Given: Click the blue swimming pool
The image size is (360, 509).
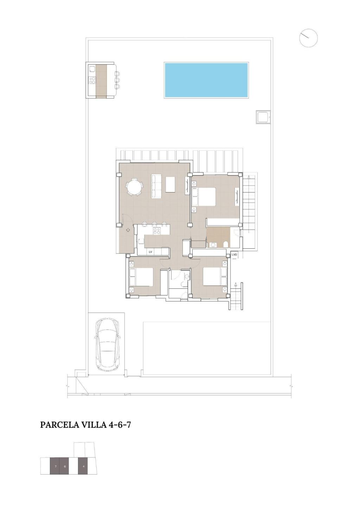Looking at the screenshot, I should pyautogui.click(x=206, y=80).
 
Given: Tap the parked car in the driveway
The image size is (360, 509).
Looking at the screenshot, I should pyautogui.click(x=107, y=345).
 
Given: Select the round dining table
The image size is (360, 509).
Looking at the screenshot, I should pyautogui.click(x=135, y=187).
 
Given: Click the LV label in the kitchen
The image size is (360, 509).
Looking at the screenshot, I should pyautogui.click(x=150, y=252).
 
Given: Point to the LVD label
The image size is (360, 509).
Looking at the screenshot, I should pyautogui.click(x=234, y=255).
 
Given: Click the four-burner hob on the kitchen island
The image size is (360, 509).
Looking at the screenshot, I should pyautogui.click(x=157, y=231).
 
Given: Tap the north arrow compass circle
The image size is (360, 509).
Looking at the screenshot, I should pyautogui.click(x=308, y=38).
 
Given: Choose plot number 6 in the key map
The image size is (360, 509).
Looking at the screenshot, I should pyautogui.click(x=65, y=466).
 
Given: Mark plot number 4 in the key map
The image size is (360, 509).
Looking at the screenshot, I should pyautogui.click(x=83, y=466).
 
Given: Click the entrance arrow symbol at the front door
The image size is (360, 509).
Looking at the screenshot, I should pyautogui.click(x=128, y=230).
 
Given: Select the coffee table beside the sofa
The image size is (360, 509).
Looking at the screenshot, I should pyautogui.click(x=171, y=184).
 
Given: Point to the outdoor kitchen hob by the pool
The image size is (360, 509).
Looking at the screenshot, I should pyautogui.click(x=92, y=81).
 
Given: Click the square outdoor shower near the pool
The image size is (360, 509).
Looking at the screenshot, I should pyautogui.click(x=263, y=117).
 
